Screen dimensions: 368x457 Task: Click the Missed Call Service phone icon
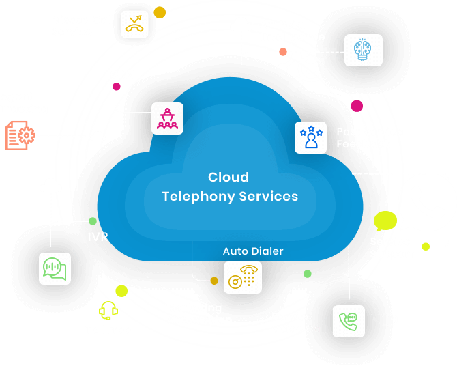point(134,24)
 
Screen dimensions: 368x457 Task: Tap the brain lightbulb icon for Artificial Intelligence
point(363,50)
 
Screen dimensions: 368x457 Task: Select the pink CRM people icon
point(167,119)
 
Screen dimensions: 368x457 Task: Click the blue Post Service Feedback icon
point(311,137)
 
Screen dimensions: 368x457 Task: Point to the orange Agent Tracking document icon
point(19,135)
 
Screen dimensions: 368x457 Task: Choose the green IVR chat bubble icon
point(55,268)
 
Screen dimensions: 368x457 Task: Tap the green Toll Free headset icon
point(108,311)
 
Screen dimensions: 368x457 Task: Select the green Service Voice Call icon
point(349,321)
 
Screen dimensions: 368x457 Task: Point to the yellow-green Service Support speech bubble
point(385,221)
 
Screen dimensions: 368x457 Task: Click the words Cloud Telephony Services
point(230,187)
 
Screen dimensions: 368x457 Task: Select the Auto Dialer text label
point(252,251)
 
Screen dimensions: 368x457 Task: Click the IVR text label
point(98,237)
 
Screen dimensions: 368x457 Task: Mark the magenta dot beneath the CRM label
point(116,86)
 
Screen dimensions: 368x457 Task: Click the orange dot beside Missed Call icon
point(159,12)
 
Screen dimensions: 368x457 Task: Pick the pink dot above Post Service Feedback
point(356,106)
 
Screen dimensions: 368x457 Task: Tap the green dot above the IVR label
point(93,221)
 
